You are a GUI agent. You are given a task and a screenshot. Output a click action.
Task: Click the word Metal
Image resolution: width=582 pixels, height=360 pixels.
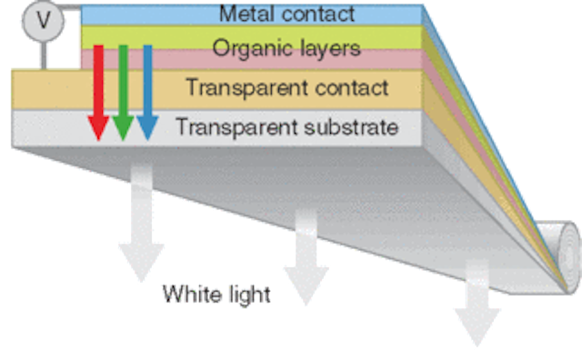pos(242,14)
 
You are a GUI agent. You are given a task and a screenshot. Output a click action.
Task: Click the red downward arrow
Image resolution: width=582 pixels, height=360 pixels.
pos(97,91)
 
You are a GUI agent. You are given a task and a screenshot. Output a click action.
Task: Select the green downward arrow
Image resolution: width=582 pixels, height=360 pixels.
pos(122,91)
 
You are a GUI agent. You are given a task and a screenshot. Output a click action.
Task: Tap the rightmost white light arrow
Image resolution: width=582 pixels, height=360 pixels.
pos(477,300)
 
